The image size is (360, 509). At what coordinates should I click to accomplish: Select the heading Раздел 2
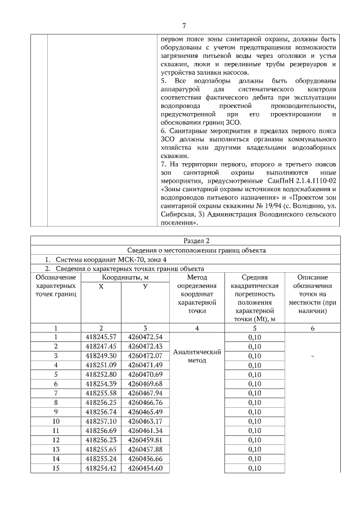184,241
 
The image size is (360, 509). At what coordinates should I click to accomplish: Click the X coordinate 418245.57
100,337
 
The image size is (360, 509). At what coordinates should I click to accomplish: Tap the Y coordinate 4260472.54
145,337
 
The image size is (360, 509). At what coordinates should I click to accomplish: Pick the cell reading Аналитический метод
196,355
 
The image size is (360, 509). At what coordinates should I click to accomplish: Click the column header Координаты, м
122,277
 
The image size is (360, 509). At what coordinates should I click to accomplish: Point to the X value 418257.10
100,421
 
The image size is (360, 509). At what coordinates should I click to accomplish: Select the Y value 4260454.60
145,468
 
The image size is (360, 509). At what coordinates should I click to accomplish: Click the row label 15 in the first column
56,468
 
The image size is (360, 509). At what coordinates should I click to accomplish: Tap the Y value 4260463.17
145,421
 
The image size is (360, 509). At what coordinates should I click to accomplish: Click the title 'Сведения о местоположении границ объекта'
184,250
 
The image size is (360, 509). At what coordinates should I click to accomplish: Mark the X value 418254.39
100,384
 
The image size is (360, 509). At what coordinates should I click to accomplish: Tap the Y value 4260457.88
145,449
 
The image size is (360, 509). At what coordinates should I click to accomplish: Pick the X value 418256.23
100,440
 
